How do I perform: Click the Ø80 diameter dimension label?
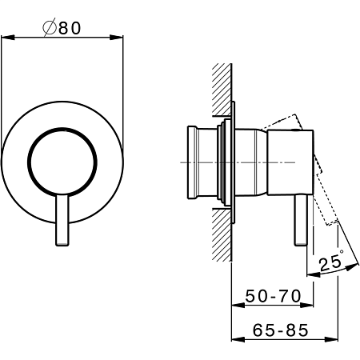coord(62,27)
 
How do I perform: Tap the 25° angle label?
coord(331,262)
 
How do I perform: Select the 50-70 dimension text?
coord(273,296)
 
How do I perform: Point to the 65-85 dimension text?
coord(281,330)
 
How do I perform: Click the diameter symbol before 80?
coord(50,27)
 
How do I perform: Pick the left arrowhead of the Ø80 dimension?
coord(7,38)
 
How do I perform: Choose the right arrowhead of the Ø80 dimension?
coord(117,38)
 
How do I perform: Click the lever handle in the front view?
coord(62,220)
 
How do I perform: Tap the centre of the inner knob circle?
coord(62,162)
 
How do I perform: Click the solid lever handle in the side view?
coord(301,220)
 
